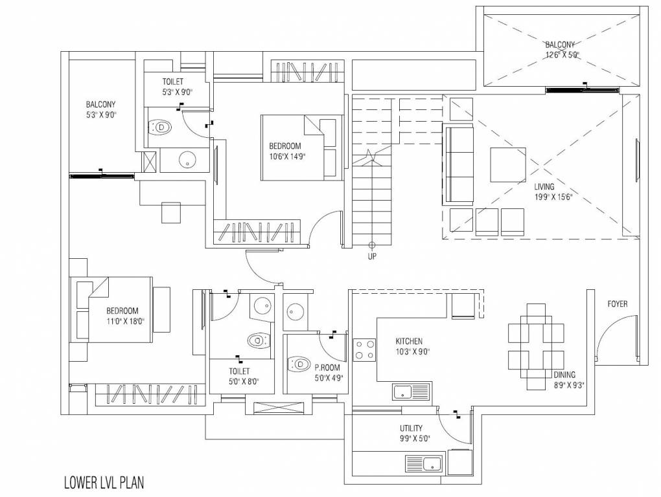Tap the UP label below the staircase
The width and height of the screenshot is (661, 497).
372,256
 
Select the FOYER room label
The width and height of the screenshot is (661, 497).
617,304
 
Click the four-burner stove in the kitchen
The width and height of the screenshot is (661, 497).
364,349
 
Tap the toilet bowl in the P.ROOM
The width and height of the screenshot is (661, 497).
301,365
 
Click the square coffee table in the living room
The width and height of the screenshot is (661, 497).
507,166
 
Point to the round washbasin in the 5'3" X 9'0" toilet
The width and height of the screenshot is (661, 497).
188,160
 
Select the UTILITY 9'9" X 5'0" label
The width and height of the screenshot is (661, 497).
412,433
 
